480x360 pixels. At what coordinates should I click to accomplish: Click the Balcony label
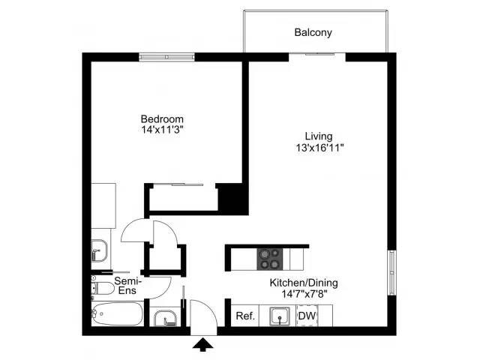[313, 33]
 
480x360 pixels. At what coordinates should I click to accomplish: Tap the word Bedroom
[162, 119]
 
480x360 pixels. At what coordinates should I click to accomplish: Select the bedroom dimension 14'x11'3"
[162, 130]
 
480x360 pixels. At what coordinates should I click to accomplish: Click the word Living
[318, 136]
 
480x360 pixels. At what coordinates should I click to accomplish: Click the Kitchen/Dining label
[304, 283]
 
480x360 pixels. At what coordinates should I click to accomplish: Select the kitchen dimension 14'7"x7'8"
[304, 294]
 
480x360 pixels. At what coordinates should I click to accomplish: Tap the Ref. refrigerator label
[246, 316]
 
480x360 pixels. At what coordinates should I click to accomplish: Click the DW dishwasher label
[307, 316]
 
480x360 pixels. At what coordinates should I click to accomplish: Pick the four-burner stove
[270, 259]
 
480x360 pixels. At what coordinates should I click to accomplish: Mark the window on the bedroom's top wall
[167, 56]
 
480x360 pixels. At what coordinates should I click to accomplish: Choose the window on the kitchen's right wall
[390, 271]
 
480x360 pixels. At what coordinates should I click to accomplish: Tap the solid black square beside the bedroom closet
[232, 198]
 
